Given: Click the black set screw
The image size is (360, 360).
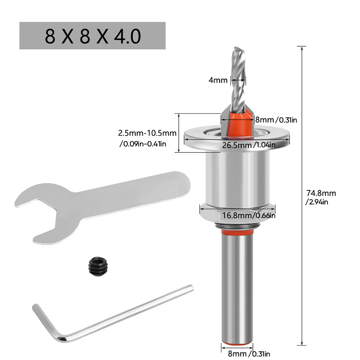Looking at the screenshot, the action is point(98,266).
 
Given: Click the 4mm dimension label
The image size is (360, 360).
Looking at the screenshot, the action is point(218,80).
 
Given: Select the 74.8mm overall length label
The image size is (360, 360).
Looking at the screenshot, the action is point(321,198).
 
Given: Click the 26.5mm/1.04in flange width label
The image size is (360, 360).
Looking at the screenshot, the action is point(249,145).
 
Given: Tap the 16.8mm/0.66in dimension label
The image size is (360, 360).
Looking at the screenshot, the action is point(249,216).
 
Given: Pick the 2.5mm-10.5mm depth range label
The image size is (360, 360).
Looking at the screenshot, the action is point(147,139).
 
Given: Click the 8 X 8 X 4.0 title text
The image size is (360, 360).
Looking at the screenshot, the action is point(93,36).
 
